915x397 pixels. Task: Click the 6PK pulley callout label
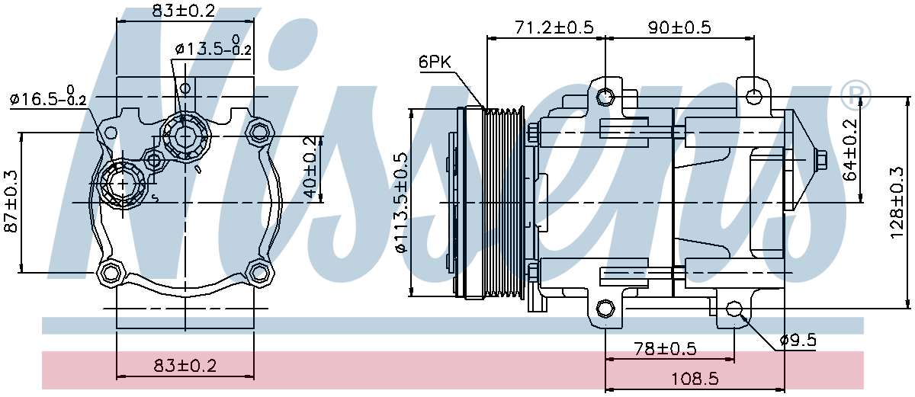tap(435, 62)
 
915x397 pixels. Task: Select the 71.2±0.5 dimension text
tap(554, 27)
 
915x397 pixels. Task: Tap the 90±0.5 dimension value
tap(679, 27)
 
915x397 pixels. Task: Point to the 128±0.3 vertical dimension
tap(899, 203)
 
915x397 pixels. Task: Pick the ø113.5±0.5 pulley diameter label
tap(402, 203)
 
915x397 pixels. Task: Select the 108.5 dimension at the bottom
tap(695, 379)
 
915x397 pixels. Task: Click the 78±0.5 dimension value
tap(665, 348)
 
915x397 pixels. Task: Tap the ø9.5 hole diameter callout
tap(798, 340)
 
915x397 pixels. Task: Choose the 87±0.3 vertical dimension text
tap(11, 202)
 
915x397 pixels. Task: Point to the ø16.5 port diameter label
tap(48, 97)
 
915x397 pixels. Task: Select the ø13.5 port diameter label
tap(213, 46)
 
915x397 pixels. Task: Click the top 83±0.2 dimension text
tap(184, 10)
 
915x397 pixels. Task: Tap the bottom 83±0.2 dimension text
tap(185, 366)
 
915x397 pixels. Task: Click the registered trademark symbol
tap(856, 96)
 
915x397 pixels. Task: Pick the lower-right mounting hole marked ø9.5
tap(734, 309)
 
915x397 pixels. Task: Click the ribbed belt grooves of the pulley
tap(504, 203)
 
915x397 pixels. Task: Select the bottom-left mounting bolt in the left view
tap(110, 271)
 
